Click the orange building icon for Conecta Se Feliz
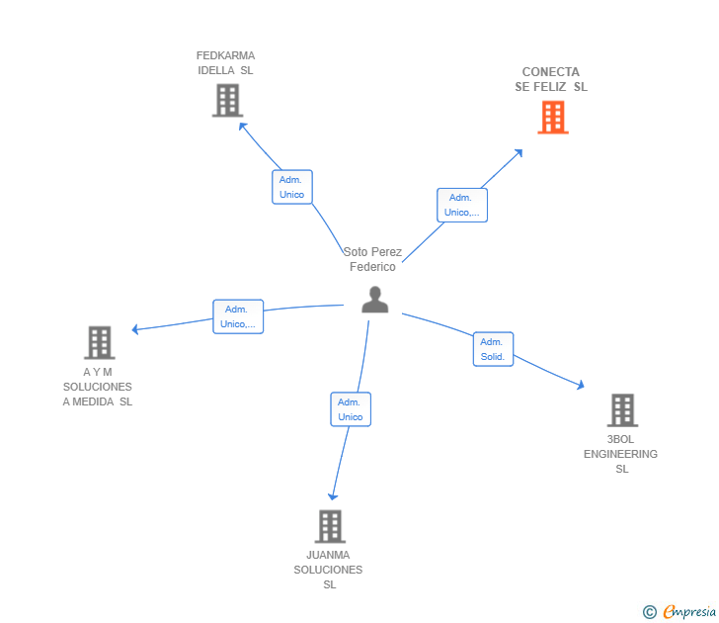[x=552, y=118]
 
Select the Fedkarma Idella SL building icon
[x=227, y=100]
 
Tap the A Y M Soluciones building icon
[x=99, y=342]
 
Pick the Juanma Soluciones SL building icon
[x=330, y=526]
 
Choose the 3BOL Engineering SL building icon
[x=621, y=409]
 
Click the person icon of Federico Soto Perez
[x=374, y=300]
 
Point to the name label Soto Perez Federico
[x=372, y=259]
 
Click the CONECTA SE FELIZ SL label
[x=551, y=79]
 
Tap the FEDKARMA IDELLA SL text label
[x=225, y=63]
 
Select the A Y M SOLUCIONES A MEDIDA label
[x=98, y=387]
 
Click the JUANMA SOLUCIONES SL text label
[x=329, y=570]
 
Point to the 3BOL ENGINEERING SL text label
[x=620, y=454]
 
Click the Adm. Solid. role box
[x=493, y=349]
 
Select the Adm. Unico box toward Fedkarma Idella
[x=291, y=187]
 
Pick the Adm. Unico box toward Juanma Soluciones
[x=351, y=409]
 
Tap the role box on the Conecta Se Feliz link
[x=461, y=205]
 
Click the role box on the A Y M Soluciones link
[x=238, y=316]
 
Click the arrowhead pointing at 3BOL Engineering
[x=581, y=385]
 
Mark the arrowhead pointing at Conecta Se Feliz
[x=519, y=152]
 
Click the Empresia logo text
[x=687, y=612]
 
